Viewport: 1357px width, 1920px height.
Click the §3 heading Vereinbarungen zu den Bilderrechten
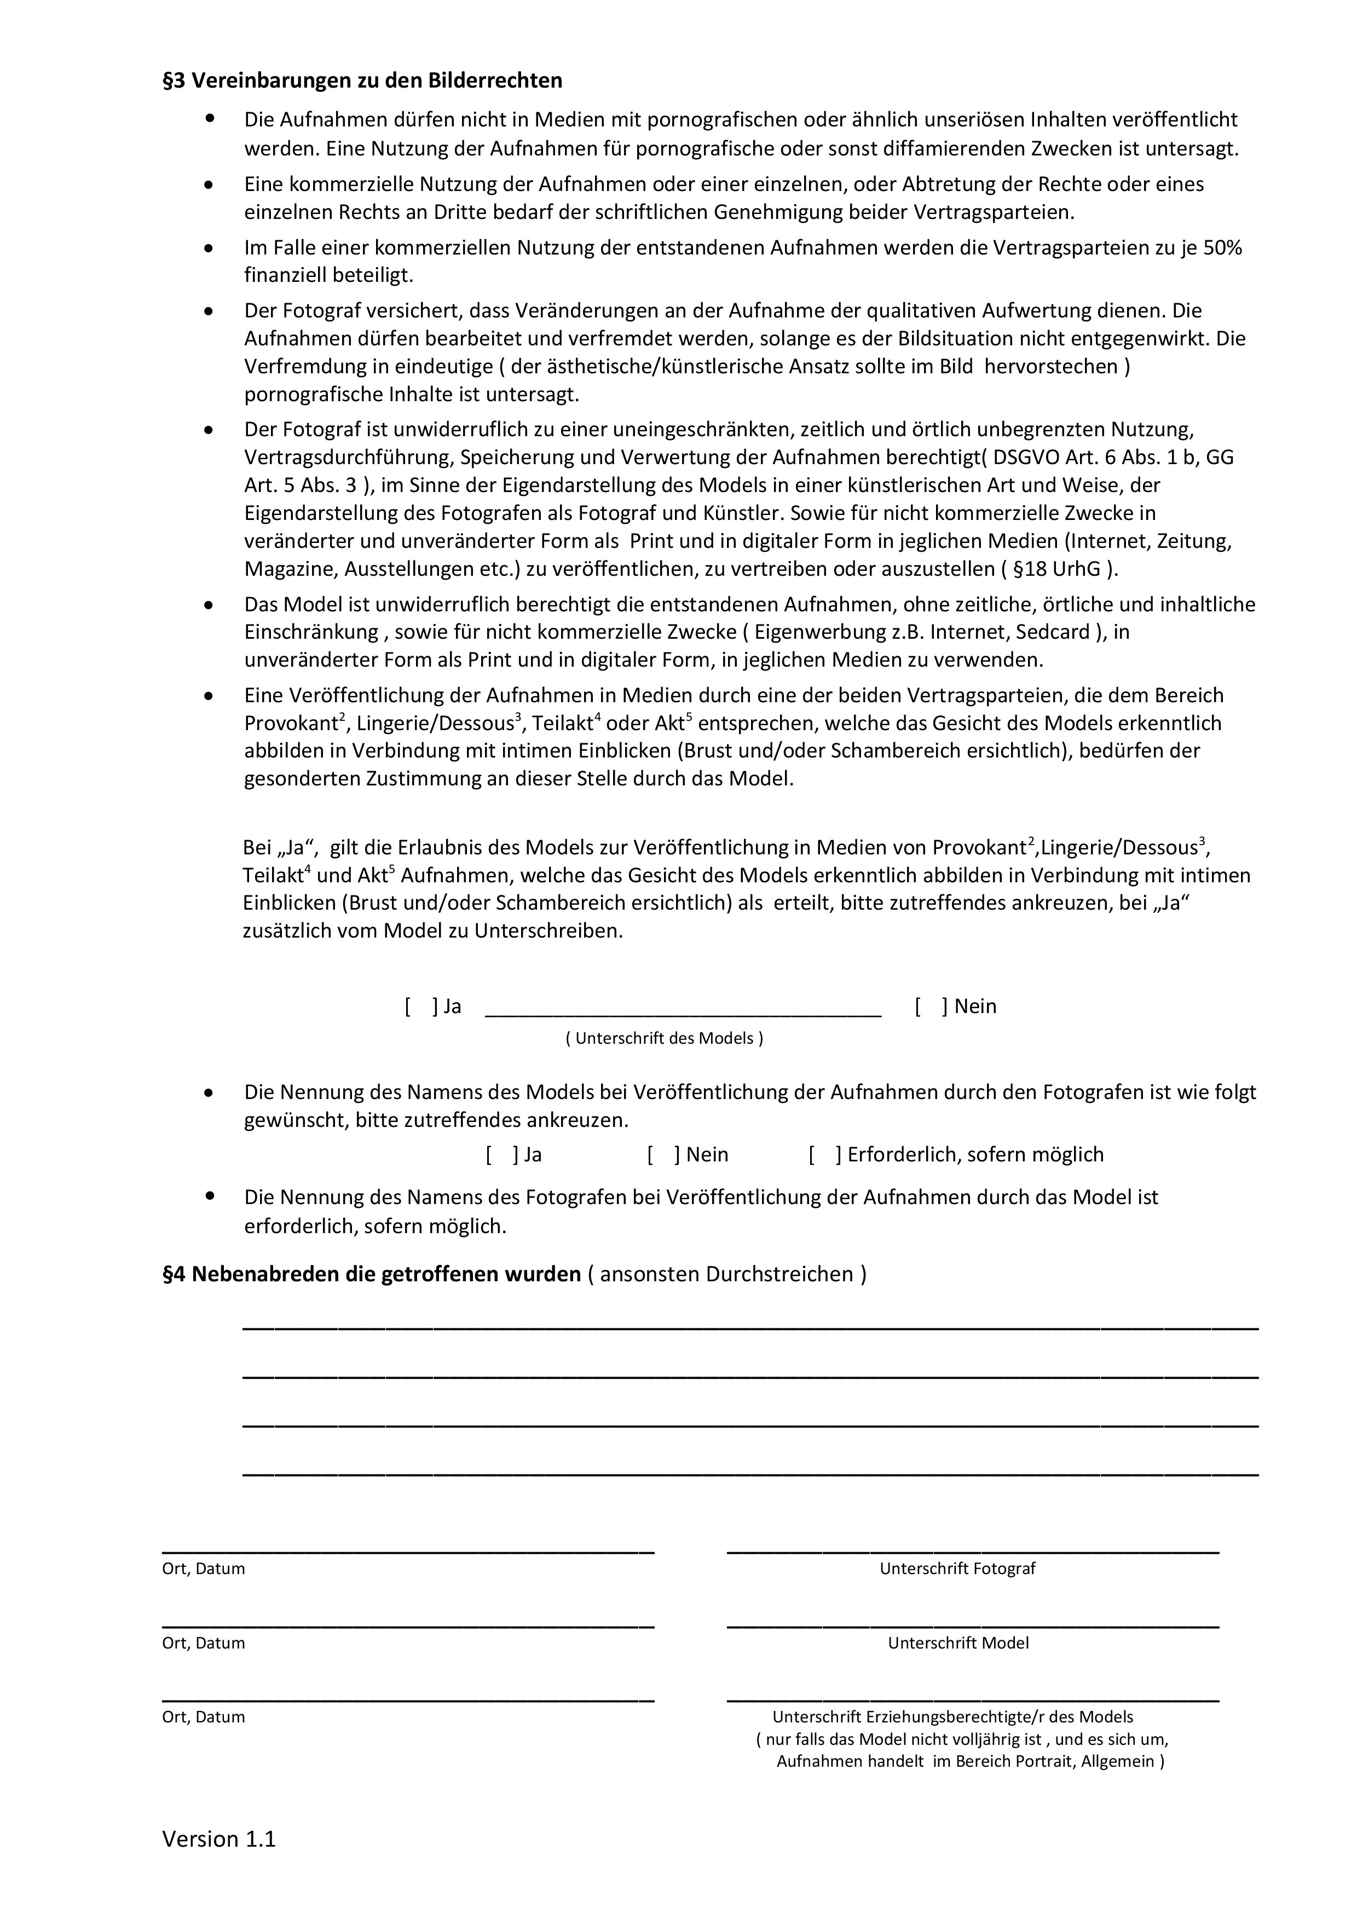(362, 81)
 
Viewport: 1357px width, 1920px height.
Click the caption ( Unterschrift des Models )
(665, 1039)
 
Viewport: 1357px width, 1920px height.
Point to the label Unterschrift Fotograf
(957, 1569)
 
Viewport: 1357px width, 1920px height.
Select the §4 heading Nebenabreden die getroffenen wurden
(371, 1274)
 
